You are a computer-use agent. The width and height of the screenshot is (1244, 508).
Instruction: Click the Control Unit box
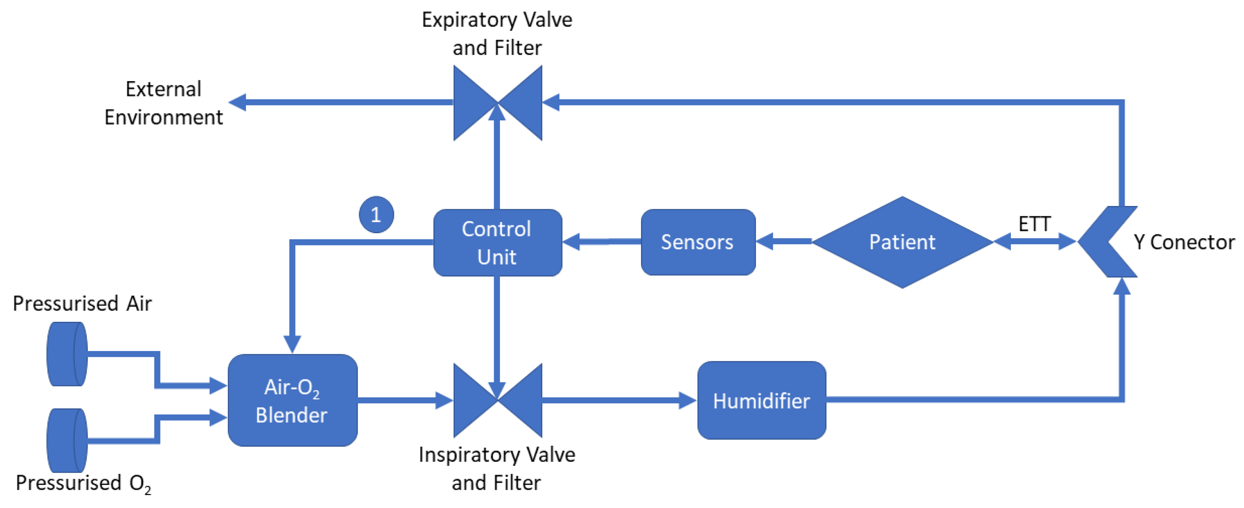click(x=497, y=243)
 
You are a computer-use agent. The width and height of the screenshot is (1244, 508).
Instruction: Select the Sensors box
click(x=698, y=242)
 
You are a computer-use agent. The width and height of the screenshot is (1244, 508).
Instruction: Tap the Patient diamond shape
click(x=902, y=242)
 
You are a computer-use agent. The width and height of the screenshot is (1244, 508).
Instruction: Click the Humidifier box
click(x=761, y=400)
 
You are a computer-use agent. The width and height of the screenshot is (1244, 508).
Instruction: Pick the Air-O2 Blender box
click(x=292, y=400)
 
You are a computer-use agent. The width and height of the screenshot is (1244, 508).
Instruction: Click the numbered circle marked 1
click(x=376, y=215)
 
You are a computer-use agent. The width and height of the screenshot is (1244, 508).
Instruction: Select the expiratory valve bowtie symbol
click(x=497, y=103)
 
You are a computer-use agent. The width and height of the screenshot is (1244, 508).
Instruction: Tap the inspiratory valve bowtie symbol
click(x=497, y=400)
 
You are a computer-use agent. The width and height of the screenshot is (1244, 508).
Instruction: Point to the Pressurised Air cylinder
click(x=67, y=354)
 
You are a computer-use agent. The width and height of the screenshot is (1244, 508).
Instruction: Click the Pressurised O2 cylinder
click(x=67, y=440)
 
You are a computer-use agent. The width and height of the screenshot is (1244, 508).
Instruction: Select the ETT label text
click(x=1034, y=224)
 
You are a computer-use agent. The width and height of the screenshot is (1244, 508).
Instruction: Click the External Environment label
click(x=163, y=103)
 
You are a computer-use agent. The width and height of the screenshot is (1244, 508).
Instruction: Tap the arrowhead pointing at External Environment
click(x=238, y=102)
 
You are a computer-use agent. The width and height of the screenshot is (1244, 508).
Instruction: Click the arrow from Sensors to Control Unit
click(x=601, y=241)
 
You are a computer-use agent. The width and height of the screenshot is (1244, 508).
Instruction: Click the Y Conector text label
click(x=1184, y=242)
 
